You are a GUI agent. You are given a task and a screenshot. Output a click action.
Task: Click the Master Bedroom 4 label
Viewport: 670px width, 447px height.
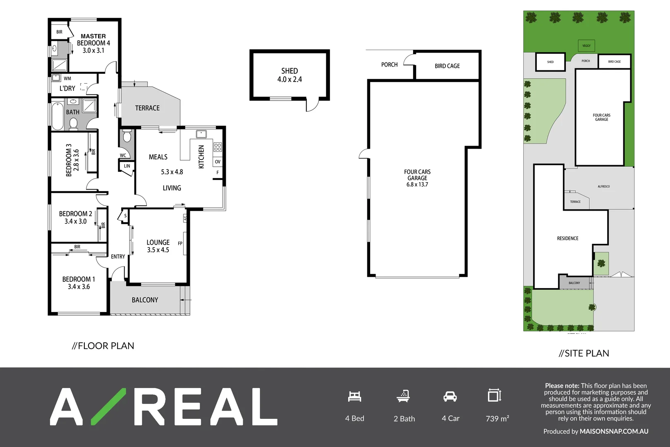93,40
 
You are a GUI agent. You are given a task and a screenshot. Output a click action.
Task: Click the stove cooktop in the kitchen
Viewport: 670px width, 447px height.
218,147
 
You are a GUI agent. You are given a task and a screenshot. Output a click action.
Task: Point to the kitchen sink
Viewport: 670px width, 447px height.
201,134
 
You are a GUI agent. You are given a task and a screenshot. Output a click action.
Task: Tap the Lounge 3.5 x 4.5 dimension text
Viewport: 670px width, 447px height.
158,250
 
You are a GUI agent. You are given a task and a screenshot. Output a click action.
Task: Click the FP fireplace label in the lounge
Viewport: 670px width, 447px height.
180,243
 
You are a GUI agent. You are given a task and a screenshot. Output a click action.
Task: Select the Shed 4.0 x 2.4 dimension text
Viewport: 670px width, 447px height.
290,79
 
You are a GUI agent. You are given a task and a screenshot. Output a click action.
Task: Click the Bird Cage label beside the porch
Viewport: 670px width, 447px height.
447,66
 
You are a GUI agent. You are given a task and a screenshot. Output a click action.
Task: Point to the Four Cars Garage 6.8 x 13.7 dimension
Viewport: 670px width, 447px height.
417,185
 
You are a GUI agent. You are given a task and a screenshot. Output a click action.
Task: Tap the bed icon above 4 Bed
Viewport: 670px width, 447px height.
354,397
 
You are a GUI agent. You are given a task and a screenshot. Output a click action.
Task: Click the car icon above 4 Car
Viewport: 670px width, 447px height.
450,397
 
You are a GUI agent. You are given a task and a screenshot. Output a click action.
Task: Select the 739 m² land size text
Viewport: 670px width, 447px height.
497,418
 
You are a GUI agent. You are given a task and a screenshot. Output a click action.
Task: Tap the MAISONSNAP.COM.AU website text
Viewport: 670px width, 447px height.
614,431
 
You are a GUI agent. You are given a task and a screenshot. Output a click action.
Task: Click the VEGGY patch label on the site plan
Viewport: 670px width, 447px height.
586,46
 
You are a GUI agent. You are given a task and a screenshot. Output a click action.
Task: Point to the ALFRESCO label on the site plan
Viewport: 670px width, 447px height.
603,187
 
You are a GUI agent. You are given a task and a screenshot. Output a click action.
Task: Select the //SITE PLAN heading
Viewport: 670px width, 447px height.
584,353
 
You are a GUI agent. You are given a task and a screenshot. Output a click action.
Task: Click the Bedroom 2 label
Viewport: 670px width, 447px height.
75,214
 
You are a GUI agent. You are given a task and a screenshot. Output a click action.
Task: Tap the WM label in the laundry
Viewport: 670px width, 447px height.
67,78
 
